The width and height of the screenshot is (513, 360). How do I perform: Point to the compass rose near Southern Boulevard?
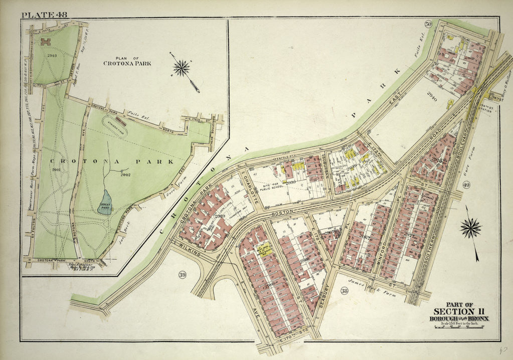470,228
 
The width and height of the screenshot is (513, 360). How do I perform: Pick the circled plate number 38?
344,291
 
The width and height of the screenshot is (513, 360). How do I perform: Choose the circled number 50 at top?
428,24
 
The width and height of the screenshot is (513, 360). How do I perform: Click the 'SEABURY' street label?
325,295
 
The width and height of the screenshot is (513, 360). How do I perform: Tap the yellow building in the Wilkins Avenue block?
263,249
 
